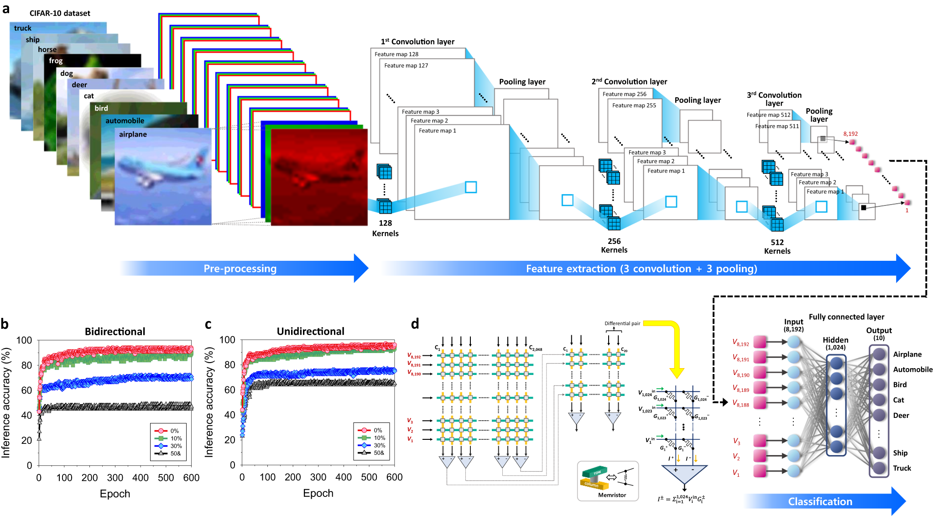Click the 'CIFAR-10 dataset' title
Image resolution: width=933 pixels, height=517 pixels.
click(x=60, y=13)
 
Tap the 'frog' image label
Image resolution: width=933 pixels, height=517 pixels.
click(x=56, y=60)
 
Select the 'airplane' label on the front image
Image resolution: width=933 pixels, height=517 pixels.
click(x=133, y=134)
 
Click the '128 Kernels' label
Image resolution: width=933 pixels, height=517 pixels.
click(x=385, y=228)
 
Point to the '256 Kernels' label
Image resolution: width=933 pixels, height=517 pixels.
click(x=614, y=245)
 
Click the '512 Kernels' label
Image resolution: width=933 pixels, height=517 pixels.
click(x=777, y=247)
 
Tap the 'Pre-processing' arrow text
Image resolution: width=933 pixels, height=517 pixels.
click(x=240, y=269)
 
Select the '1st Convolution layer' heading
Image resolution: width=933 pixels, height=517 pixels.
click(x=417, y=42)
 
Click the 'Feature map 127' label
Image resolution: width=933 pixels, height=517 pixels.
click(x=406, y=66)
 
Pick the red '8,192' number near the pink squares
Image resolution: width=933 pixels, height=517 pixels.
click(x=850, y=134)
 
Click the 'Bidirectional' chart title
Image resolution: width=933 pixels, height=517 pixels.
click(x=115, y=332)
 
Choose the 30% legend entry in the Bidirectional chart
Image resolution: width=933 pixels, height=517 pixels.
click(x=176, y=446)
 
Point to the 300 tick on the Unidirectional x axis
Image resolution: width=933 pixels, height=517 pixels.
click(x=318, y=477)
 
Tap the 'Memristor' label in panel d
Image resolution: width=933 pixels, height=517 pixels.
click(x=612, y=495)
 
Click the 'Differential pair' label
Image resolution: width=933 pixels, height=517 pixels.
click(x=622, y=323)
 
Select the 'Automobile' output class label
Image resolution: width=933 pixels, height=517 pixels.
click(x=912, y=369)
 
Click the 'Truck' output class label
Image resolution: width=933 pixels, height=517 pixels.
click(x=902, y=468)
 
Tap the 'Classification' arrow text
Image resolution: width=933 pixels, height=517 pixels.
click(x=820, y=501)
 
